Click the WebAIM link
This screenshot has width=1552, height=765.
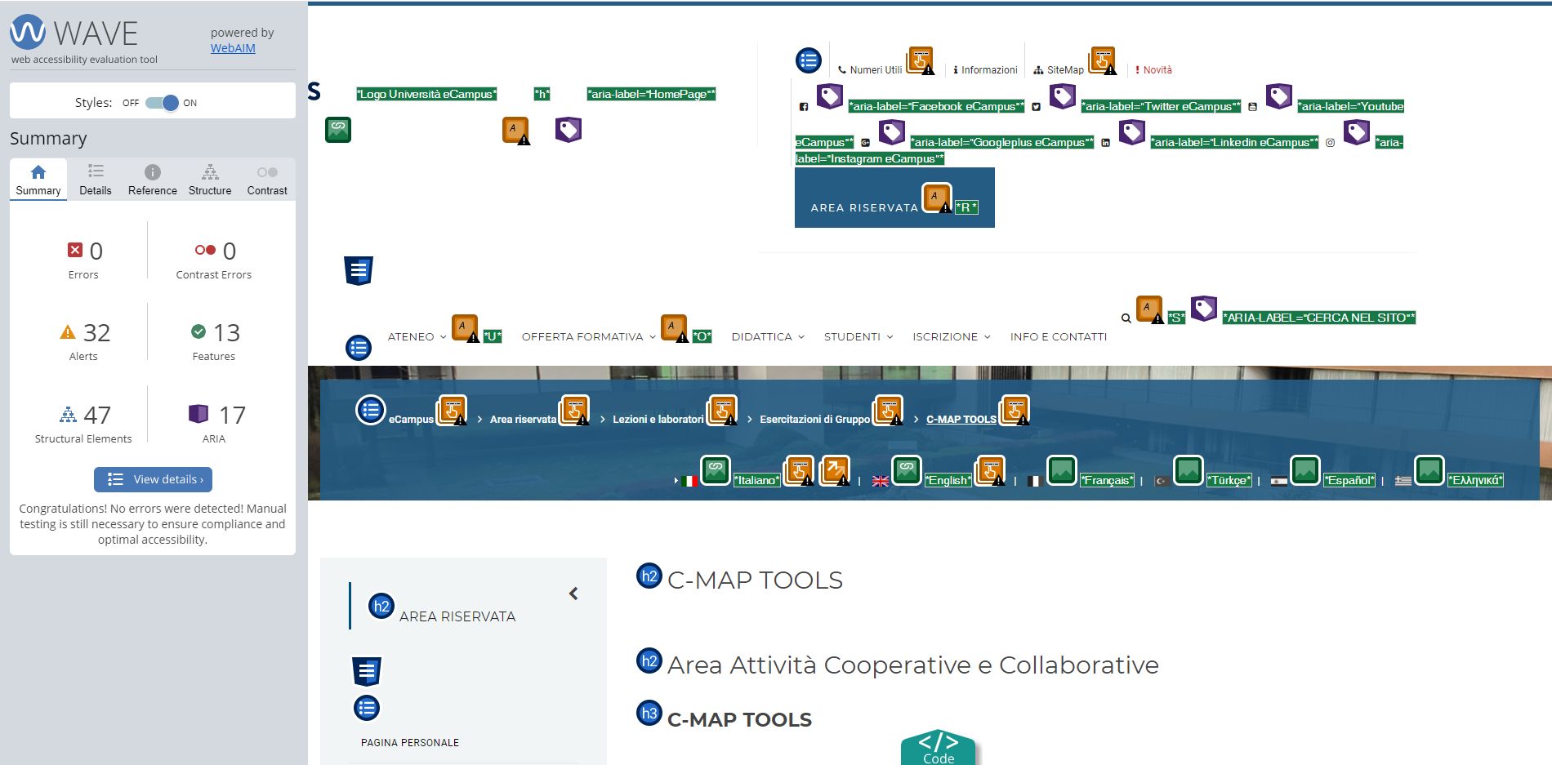point(233,48)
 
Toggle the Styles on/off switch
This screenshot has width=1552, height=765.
point(162,103)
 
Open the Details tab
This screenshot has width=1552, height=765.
point(96,180)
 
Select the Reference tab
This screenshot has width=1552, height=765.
point(153,180)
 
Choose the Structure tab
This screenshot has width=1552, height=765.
point(210,180)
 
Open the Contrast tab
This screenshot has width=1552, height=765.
point(267,180)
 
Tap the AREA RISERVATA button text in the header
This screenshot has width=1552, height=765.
point(864,208)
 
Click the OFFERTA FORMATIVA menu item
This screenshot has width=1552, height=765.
point(582,336)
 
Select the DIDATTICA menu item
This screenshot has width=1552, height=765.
point(762,336)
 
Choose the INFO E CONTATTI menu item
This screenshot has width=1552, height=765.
point(1059,336)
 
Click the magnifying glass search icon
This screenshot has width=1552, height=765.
point(1126,318)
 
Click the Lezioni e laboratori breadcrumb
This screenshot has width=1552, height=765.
point(658,420)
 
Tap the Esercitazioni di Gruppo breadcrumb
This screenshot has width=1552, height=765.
point(815,420)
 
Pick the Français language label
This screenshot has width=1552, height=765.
point(1107,480)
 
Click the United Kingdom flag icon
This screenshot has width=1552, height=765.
point(881,481)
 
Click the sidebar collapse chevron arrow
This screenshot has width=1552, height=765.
point(573,594)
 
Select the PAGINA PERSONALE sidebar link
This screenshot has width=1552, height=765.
point(410,743)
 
